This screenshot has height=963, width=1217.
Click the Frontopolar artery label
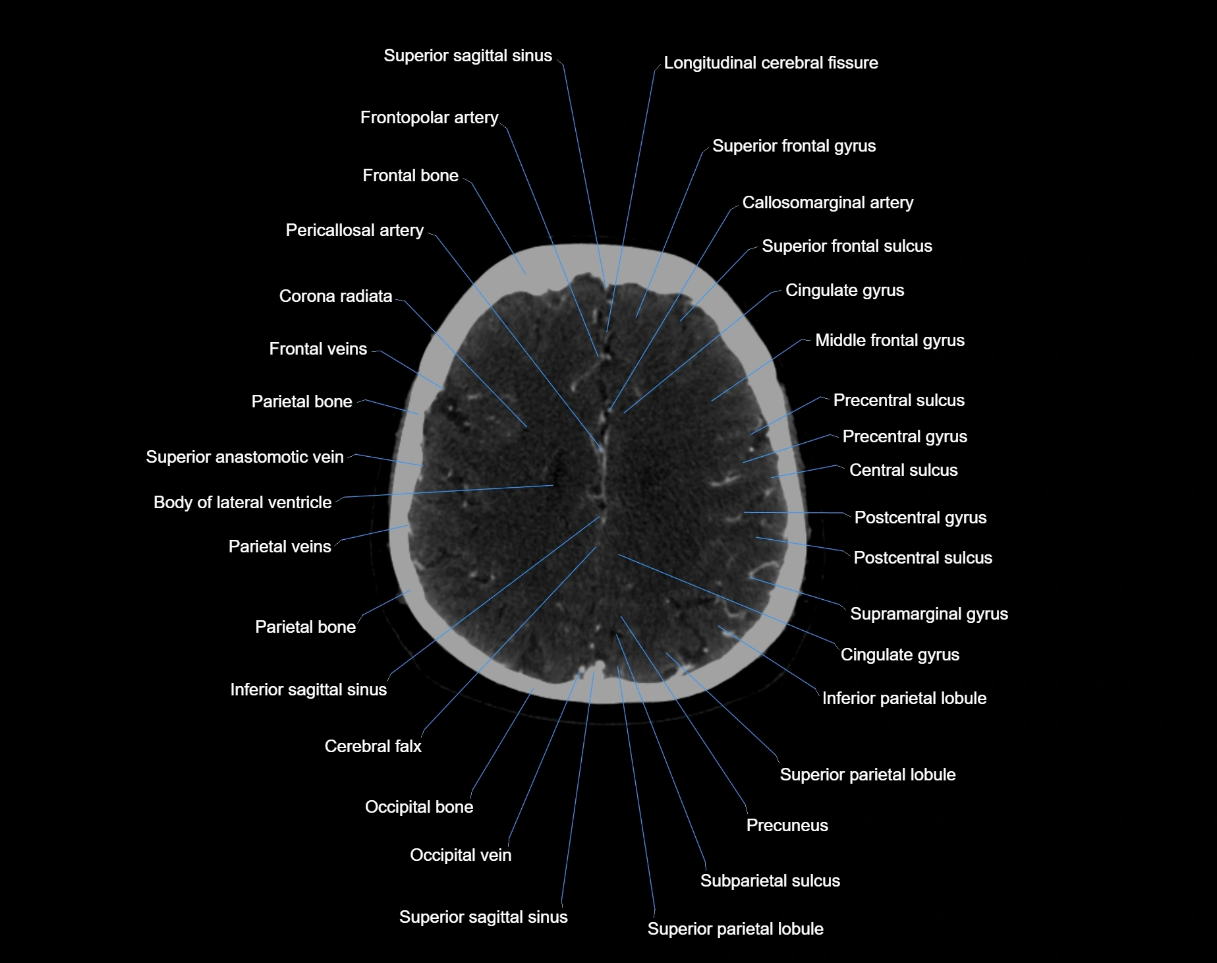pyautogui.click(x=429, y=118)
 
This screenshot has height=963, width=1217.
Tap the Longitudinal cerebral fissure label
pyautogui.click(x=770, y=63)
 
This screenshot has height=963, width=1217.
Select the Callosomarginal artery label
pyautogui.click(x=828, y=203)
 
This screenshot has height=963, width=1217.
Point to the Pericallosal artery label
pyautogui.click(x=354, y=231)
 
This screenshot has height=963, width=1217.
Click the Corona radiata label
pyautogui.click(x=335, y=297)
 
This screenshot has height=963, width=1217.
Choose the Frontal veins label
pyautogui.click(x=318, y=349)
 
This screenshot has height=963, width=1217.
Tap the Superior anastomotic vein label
pyautogui.click(x=244, y=457)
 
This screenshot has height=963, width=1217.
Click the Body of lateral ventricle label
pyautogui.click(x=242, y=503)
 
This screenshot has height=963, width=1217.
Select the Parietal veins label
pyautogui.click(x=279, y=547)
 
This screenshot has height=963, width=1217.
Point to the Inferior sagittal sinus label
pyautogui.click(x=308, y=690)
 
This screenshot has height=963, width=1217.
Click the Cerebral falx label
pyautogui.click(x=373, y=747)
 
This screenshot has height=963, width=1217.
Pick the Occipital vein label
pyautogui.click(x=460, y=856)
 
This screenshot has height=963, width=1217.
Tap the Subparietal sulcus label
pyautogui.click(x=770, y=881)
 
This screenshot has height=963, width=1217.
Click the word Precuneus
pyautogui.click(x=787, y=826)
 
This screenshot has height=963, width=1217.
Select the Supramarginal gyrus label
pyautogui.click(x=928, y=614)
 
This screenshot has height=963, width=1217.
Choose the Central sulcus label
pyautogui.click(x=903, y=471)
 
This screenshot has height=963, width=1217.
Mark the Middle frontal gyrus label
pyautogui.click(x=890, y=341)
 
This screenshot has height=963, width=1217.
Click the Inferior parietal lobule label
pyautogui.click(x=904, y=699)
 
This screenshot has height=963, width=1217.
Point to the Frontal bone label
pyautogui.click(x=410, y=176)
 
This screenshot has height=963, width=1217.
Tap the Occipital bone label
pyautogui.click(x=419, y=807)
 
